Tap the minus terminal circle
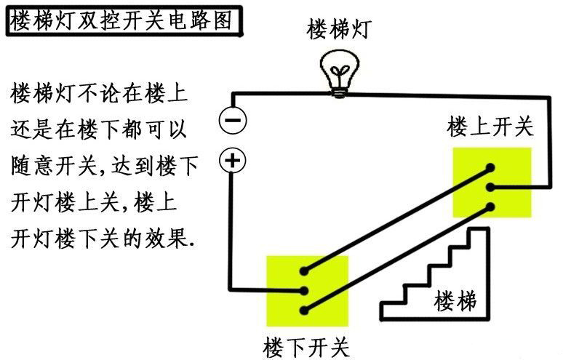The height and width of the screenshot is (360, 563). coord(233,120)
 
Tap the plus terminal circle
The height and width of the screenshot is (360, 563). coord(233,161)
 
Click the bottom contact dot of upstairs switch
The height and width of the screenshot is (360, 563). coord(493,207)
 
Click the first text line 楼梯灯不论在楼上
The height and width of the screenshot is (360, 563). coord(99,94)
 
